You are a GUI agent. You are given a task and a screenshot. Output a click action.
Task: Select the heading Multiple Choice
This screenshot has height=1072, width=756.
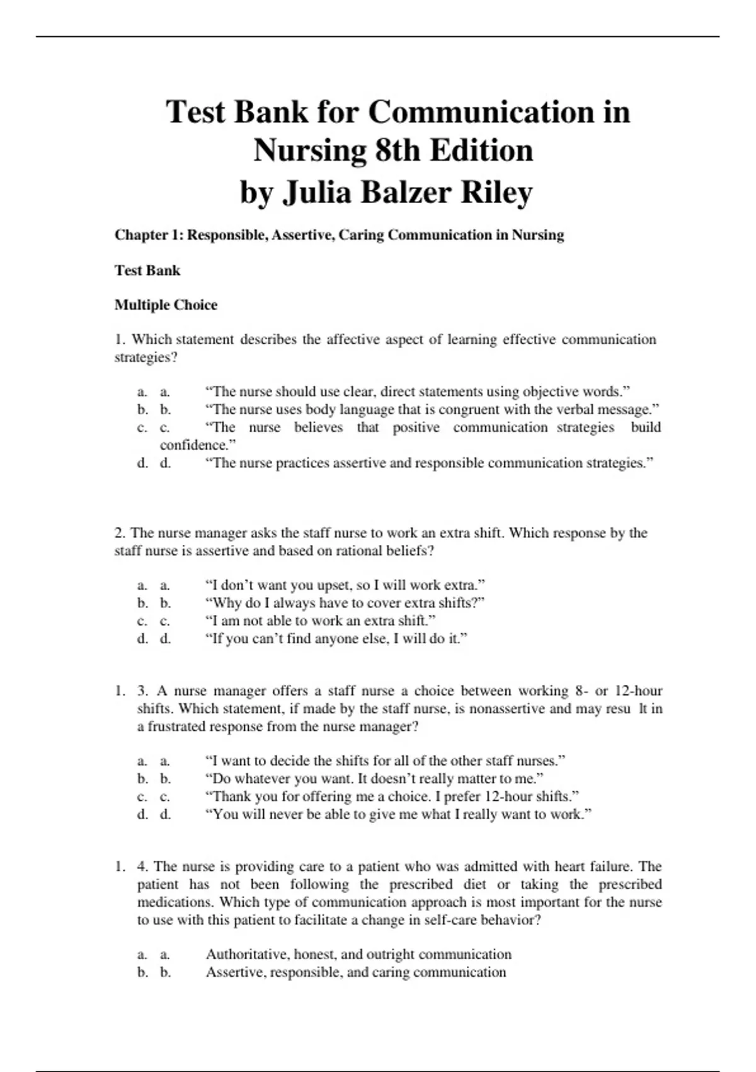click(x=166, y=305)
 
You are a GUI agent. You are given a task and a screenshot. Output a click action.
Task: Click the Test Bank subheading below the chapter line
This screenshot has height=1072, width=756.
click(x=147, y=271)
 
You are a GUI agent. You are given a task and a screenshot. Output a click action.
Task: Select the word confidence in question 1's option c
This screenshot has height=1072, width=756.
click(x=196, y=445)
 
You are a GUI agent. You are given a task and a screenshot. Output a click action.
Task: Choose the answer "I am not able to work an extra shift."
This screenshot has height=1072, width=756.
click(x=320, y=620)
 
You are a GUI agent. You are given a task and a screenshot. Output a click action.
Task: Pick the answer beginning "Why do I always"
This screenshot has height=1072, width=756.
click(x=345, y=603)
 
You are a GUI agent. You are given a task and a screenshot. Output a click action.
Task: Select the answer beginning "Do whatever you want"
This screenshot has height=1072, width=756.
click(x=374, y=779)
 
